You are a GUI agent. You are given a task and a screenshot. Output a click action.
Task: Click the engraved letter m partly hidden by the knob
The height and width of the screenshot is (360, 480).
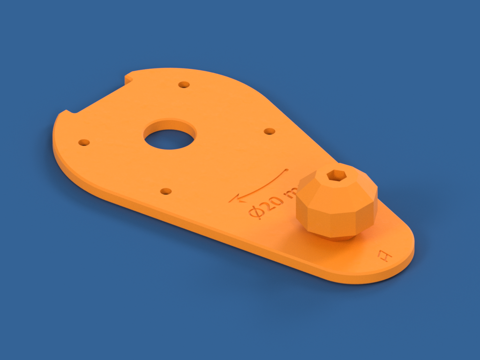(292, 192)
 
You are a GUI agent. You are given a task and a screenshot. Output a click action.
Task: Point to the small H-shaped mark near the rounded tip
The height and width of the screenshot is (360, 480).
(384, 256)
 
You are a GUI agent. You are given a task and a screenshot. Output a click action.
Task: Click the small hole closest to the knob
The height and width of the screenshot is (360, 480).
(269, 131)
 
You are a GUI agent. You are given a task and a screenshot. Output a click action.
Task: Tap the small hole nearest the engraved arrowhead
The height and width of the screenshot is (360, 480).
(166, 191)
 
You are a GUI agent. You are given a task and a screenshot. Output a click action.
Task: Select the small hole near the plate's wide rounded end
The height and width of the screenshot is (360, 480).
(84, 142)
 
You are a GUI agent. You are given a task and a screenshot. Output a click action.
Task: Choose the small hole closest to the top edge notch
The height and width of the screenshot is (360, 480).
(184, 85)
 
